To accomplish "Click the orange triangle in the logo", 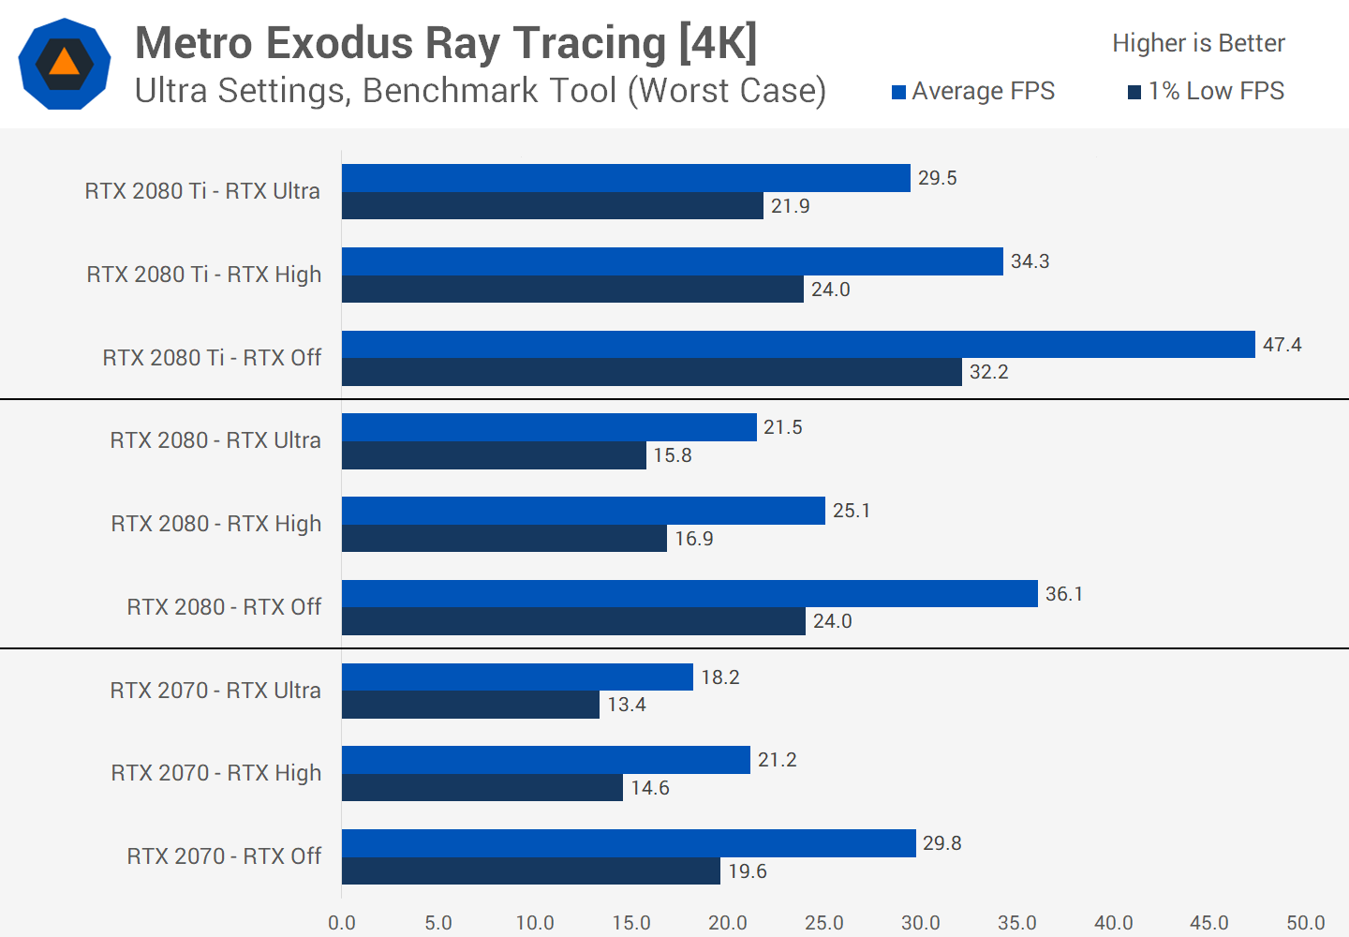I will point(64,63).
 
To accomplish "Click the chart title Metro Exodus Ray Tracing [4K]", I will point(446,43).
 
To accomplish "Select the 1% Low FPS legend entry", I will point(1206,91).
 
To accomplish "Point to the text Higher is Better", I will point(1198,43).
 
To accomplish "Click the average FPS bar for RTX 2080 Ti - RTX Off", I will point(798,344).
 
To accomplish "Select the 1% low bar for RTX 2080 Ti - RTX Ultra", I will point(553,206).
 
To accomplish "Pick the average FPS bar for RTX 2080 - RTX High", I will point(583,511).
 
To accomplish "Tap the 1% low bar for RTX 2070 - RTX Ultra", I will point(470,705).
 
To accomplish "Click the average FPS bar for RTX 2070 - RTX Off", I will point(629,843).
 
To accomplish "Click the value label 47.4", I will point(1282,345).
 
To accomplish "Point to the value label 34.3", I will point(1030,261).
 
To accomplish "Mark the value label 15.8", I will point(673,455).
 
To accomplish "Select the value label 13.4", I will point(627,705).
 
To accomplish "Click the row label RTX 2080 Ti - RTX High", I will point(204,275).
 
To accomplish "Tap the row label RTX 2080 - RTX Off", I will point(224,607).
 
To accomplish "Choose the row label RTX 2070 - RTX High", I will point(216,773).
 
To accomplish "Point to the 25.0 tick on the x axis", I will point(824,923).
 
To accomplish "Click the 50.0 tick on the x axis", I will point(1306,923).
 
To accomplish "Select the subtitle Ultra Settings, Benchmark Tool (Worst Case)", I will point(481,91).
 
